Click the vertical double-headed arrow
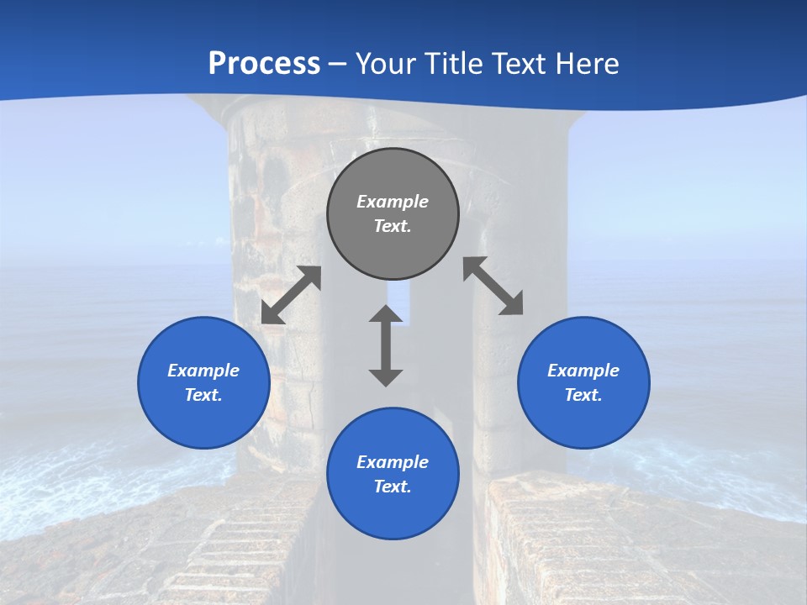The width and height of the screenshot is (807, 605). (x=386, y=345)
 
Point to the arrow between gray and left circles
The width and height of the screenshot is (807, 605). (x=291, y=295)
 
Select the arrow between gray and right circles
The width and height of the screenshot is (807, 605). (x=493, y=286)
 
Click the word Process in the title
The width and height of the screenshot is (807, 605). (x=264, y=63)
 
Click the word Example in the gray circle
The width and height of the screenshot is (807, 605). (x=393, y=202)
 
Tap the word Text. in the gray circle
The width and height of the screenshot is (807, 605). (x=393, y=226)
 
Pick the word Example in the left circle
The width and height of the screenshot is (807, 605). (x=203, y=371)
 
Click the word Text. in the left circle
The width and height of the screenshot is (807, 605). (x=203, y=395)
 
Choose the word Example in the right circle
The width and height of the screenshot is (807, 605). (x=583, y=371)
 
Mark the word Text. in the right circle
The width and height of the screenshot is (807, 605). (x=583, y=395)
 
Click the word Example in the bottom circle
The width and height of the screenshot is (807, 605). (x=393, y=462)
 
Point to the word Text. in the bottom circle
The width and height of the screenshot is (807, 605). (x=393, y=487)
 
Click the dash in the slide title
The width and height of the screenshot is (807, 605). (x=338, y=64)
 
